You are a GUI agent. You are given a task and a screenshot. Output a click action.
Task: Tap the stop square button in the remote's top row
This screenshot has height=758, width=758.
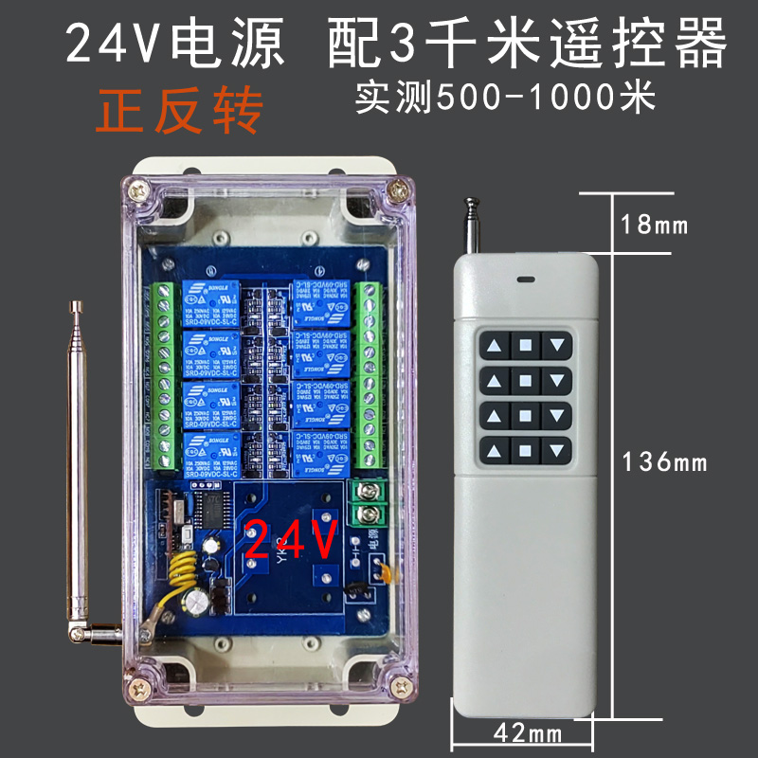[x=525, y=346]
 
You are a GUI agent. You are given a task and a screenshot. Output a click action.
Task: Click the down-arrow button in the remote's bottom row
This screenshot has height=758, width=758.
[x=559, y=449]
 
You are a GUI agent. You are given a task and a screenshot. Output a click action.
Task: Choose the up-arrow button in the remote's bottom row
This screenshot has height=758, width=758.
[x=494, y=449]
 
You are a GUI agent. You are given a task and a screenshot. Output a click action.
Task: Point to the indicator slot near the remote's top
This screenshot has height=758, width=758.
[x=525, y=280]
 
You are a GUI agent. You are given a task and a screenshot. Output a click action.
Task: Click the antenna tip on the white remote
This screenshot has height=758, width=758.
[x=469, y=201]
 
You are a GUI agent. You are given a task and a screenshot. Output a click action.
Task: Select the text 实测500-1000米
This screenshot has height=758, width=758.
[x=505, y=97]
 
